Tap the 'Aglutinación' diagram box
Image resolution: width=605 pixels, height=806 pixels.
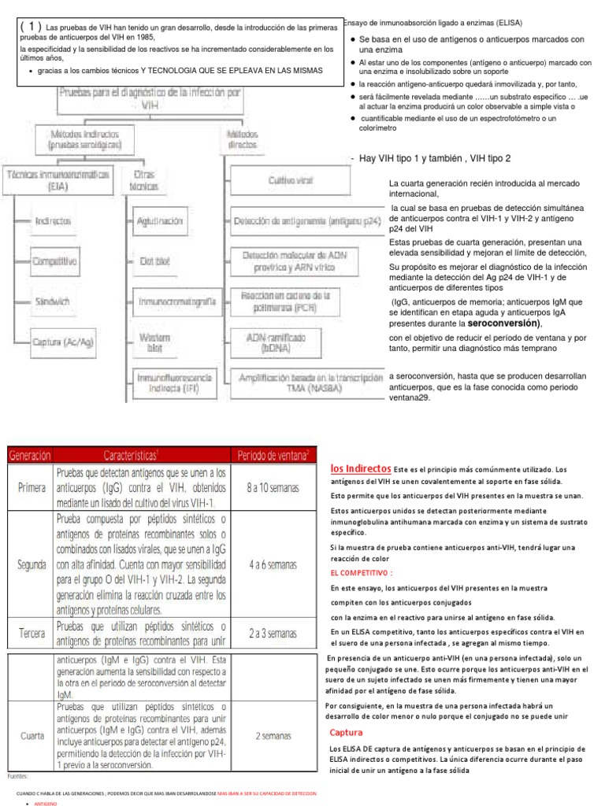click(164, 221)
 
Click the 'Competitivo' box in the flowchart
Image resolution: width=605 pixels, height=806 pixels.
click(54, 261)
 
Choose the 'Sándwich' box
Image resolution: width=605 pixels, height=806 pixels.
click(51, 301)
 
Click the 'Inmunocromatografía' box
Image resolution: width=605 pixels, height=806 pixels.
click(176, 301)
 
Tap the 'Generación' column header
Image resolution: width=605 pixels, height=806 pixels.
click(29, 456)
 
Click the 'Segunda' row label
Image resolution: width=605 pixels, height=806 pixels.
click(29, 565)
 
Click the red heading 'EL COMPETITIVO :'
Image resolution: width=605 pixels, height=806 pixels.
click(361, 572)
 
